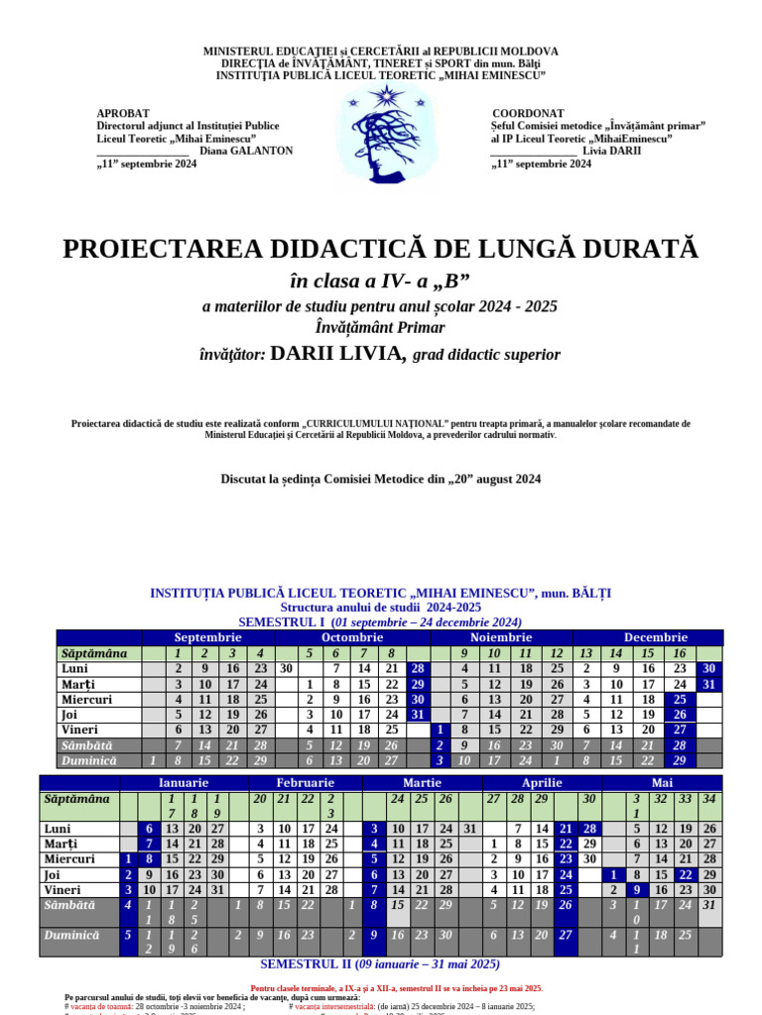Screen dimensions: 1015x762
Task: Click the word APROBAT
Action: (x=123, y=114)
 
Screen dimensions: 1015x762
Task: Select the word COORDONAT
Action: (x=528, y=114)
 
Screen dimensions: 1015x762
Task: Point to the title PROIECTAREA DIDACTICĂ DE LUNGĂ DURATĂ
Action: (x=381, y=249)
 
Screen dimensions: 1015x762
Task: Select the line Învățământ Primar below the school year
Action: (x=380, y=327)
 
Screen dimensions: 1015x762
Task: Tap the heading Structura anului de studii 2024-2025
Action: (x=381, y=607)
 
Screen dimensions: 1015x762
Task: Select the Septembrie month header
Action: (x=208, y=637)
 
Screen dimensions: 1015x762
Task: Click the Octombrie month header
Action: (x=352, y=637)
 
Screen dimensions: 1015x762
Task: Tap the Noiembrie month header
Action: (x=501, y=637)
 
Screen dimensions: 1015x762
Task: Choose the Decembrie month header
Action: (x=656, y=637)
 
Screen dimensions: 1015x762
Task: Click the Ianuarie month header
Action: (x=184, y=783)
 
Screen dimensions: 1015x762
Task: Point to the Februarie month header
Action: (x=305, y=783)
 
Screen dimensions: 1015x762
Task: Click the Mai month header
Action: (x=662, y=783)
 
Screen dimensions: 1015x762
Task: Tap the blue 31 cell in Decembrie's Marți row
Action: (x=709, y=684)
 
